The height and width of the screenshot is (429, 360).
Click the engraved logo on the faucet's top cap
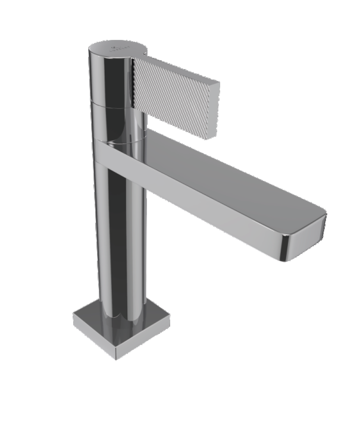[114, 46]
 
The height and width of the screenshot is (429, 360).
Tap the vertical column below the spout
[119, 238]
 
